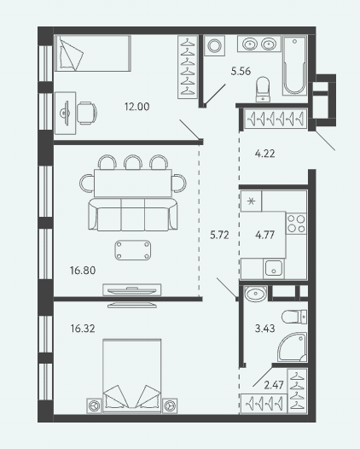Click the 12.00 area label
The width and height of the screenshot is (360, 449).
136,107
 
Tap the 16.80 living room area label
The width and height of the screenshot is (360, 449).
83,271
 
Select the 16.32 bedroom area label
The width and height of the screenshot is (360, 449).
83,329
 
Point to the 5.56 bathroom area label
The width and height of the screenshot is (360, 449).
241,71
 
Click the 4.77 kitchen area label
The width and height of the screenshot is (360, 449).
264,235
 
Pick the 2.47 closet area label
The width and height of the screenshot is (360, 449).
274,385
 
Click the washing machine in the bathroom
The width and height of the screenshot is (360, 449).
215,45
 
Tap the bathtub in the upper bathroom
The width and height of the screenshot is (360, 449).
294,65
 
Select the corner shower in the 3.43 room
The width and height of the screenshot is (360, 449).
292,347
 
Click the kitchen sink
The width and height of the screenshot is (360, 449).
274,268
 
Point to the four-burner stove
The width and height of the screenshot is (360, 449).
296,224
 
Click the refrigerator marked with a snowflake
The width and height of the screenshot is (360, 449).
251,201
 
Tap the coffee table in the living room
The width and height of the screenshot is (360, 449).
133,250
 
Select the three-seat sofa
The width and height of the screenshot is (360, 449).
133,214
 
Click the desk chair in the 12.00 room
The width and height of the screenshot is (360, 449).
87,114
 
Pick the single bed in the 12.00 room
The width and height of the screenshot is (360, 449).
93,53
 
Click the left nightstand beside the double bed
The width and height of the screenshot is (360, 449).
94,405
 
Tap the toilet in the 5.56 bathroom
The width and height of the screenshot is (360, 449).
263,89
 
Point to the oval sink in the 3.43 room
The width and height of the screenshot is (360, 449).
256,294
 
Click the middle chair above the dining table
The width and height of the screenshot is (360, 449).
133,162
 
